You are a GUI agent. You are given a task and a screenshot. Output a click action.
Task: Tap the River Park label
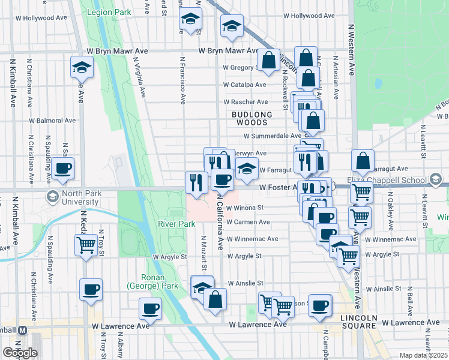click(176, 224)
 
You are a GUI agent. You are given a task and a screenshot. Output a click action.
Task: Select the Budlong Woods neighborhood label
click(253, 118)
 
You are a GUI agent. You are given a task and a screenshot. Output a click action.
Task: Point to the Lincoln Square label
click(358, 321)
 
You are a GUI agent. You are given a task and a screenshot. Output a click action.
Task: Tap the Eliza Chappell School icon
click(436, 179)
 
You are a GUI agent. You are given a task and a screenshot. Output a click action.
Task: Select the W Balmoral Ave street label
click(53, 121)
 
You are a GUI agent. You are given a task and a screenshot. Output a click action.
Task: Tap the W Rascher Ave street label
click(246, 102)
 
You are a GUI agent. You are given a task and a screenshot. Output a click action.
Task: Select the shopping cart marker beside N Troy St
click(86, 244)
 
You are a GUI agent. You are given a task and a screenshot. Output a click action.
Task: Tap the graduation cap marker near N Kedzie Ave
click(81, 67)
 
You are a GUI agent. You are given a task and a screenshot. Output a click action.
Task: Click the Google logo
click(20, 353)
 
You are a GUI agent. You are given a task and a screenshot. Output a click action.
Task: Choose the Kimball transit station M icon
click(22, 331)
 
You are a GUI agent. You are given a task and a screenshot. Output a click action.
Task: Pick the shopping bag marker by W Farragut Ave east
click(363, 160)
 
